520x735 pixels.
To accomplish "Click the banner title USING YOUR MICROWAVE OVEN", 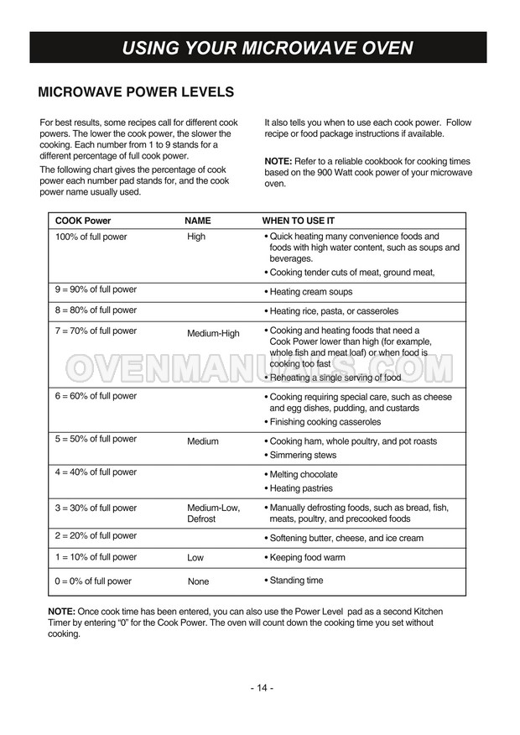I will (267, 48).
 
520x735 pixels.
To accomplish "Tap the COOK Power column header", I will (83, 221).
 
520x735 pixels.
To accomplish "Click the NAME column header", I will (198, 221).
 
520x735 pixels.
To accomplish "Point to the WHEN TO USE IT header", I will (299, 221).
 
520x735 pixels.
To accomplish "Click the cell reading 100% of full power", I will (91, 237).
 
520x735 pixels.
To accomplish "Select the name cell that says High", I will (196, 237).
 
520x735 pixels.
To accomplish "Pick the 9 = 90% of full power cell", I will (96, 289).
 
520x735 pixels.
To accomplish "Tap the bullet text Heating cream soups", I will (310, 292).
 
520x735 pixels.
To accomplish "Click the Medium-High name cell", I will (213, 333).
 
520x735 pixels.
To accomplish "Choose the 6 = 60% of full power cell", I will (96, 396).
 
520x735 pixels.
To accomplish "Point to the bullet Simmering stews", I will (303, 456).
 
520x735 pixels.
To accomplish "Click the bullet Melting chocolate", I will (304, 475).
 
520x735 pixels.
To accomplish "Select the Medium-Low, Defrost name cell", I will (213, 513).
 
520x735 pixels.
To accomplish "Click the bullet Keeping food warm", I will (307, 558).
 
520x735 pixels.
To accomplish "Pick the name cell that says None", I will (199, 581).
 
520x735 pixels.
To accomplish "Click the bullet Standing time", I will (296, 581).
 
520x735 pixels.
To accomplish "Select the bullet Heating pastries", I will (301, 488).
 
